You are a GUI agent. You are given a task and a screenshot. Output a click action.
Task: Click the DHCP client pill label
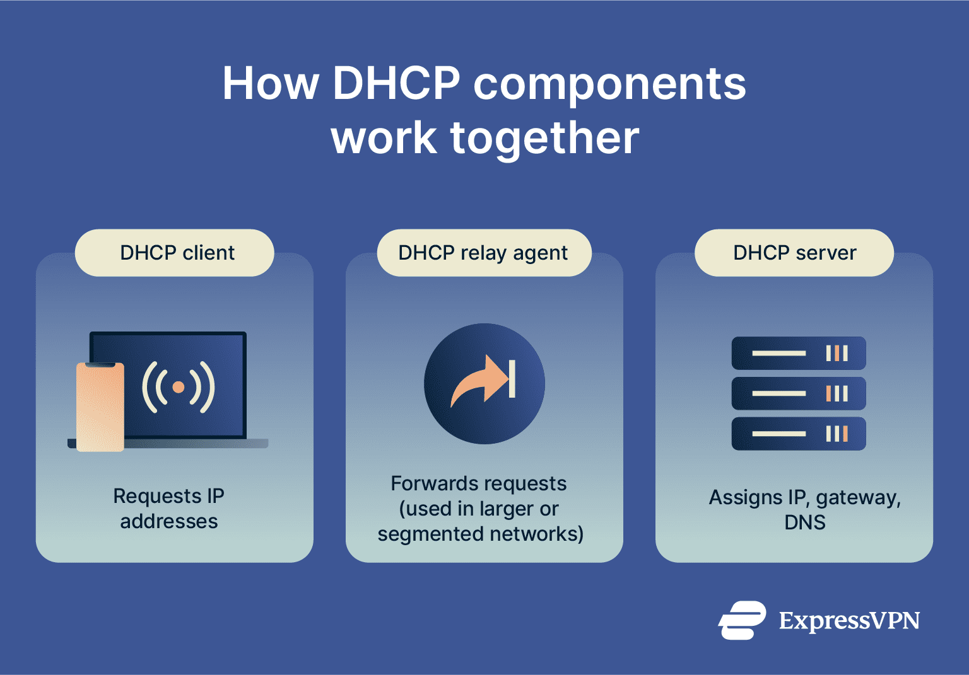point(175,253)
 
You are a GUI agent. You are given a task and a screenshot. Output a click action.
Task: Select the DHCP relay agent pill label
point(484,253)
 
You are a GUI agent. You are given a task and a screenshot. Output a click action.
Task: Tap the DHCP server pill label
point(794,253)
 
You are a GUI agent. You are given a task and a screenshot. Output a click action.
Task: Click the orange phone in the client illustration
point(100,407)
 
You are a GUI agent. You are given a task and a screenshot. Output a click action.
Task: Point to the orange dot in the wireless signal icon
point(179,387)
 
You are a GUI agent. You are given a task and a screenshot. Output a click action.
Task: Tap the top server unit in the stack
point(799,353)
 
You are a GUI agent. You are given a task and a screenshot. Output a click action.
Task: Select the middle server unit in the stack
point(799,394)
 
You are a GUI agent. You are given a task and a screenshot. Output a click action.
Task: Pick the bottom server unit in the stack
point(799,434)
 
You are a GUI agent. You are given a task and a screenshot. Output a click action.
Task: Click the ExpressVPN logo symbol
point(743,620)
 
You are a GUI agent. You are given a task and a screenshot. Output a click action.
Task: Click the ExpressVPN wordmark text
point(849,621)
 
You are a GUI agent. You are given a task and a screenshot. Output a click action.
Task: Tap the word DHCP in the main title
point(396,83)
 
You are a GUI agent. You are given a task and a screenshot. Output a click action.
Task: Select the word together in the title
point(544,138)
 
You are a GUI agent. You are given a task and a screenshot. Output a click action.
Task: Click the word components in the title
point(609,84)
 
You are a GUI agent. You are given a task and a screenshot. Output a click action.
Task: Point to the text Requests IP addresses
point(169,509)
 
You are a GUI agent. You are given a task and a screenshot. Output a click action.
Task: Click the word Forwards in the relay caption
point(426,483)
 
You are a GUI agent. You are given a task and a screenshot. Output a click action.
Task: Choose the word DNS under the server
point(804,522)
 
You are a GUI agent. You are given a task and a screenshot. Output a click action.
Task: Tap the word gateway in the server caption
point(858,498)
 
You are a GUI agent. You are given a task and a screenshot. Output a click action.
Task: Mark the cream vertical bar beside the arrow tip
point(512,379)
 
